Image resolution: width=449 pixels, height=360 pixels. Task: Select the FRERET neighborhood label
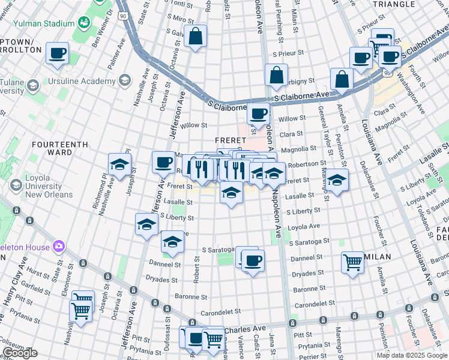228,140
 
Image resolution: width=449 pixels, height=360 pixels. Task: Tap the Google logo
20,353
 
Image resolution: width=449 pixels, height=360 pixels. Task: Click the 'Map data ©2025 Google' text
411,355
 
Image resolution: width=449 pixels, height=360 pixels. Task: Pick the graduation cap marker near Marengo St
337,180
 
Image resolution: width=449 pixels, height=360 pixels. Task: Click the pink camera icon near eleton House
58,245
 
